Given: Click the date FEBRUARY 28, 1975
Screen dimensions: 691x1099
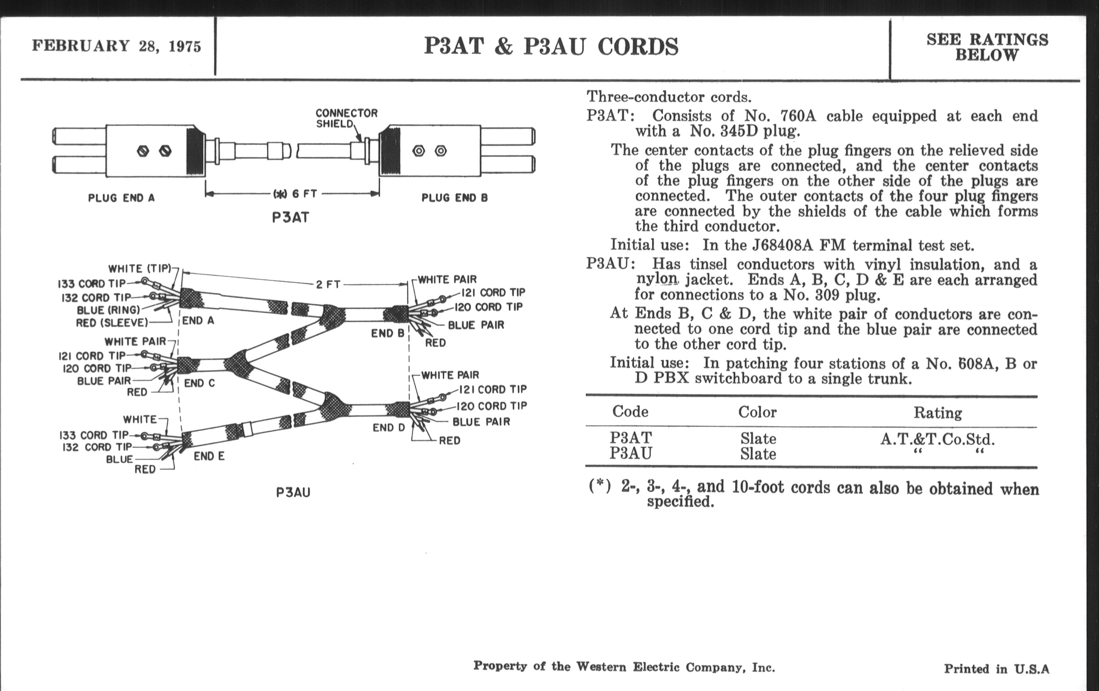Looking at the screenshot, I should click(117, 46).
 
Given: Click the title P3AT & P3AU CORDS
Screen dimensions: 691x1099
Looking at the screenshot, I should click(551, 47).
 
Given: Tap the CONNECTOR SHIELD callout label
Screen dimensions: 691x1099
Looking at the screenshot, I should click(347, 118).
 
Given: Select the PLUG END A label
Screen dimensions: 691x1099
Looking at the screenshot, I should click(121, 198).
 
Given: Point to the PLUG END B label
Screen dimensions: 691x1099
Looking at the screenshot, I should click(454, 198).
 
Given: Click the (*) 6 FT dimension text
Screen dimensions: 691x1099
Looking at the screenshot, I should click(295, 194).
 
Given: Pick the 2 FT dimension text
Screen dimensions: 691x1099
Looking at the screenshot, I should click(328, 284).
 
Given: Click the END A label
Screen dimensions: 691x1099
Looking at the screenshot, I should click(198, 321).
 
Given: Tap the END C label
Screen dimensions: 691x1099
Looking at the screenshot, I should click(199, 383).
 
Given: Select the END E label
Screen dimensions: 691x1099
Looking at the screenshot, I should click(209, 456).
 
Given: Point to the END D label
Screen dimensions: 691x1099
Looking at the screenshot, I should click(388, 427).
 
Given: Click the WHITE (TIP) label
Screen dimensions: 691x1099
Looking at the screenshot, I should click(140, 268).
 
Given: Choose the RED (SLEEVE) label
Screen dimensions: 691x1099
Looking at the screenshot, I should click(112, 323).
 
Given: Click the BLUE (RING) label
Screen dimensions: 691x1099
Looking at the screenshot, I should click(108, 310).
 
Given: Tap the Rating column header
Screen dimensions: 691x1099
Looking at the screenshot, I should click(937, 413).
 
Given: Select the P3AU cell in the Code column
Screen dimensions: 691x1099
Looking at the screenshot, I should click(631, 453).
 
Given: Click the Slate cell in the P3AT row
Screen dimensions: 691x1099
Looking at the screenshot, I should click(758, 439).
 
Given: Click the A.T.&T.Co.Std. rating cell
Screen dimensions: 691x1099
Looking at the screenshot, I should click(937, 439).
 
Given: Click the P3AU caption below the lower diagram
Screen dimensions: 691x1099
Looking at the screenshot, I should click(293, 493).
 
